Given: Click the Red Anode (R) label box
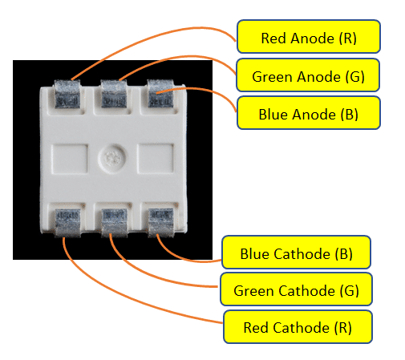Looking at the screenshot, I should click(x=309, y=38).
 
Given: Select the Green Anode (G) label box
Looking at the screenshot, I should click(x=309, y=77).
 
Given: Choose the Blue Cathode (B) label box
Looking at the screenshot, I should click(x=296, y=254).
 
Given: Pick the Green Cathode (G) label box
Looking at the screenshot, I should click(x=296, y=289).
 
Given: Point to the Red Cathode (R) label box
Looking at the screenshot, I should click(x=297, y=327).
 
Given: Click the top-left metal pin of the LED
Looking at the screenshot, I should click(x=67, y=95).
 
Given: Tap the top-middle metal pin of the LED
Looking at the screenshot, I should click(x=113, y=95).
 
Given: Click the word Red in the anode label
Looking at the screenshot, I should click(x=274, y=38).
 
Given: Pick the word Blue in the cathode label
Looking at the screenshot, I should click(x=256, y=254).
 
